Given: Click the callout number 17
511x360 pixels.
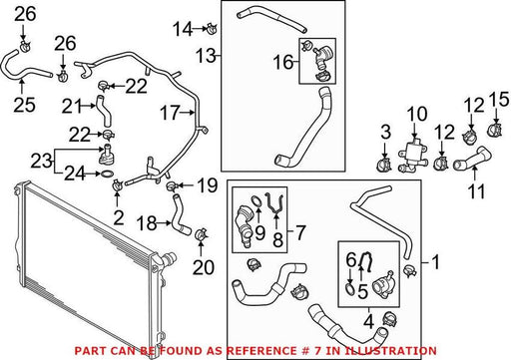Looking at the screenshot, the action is [170, 113].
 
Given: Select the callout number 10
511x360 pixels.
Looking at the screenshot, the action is [417, 114].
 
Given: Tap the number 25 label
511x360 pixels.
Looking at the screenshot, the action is [24, 105].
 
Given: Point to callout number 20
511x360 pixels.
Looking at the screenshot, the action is [204, 267].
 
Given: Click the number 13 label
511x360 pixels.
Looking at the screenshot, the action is [207, 55].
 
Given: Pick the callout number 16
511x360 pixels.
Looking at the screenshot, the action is [283, 63].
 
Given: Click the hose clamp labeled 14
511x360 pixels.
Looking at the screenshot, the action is [212, 28].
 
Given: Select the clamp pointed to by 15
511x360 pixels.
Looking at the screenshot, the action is [495, 130].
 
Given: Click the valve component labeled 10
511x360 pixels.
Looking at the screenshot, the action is [412, 156].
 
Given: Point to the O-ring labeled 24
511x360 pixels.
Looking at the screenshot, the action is [107, 174].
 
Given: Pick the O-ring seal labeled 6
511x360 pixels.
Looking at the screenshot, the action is [350, 288].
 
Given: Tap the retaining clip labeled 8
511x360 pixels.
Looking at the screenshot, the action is [274, 202].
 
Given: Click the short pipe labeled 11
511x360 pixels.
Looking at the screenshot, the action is [472, 159].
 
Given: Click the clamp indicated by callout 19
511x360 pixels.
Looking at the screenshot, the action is [171, 186].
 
